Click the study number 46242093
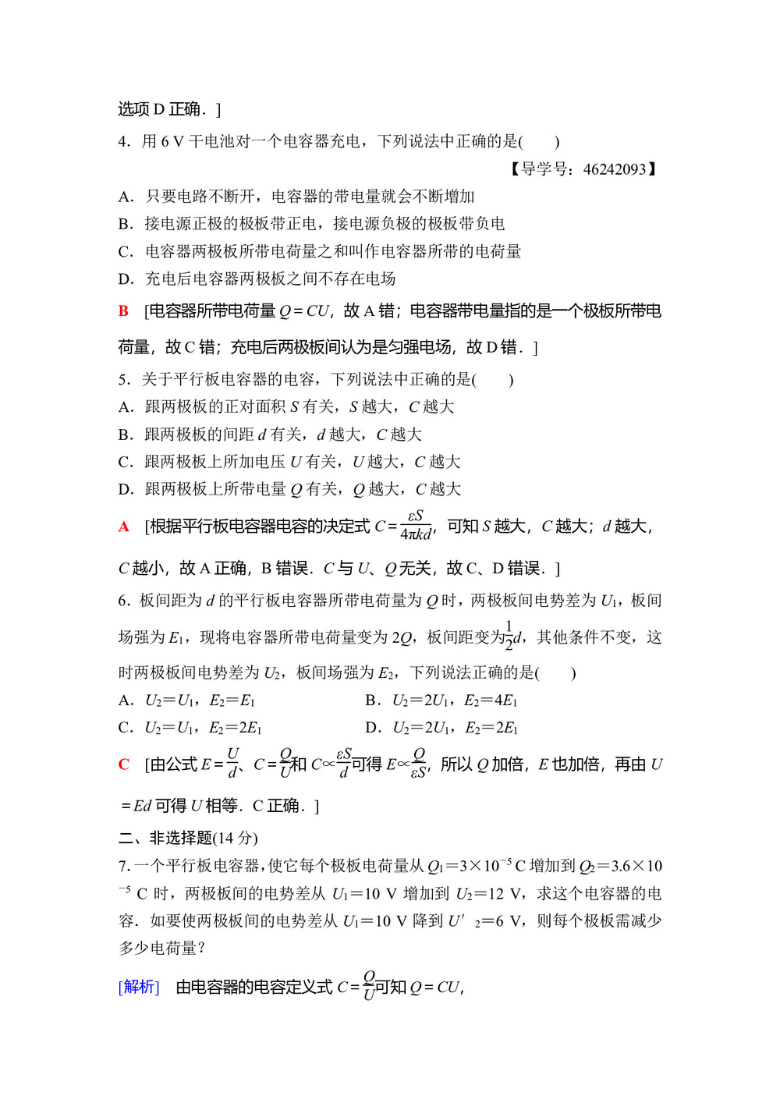[615, 169]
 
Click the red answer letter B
[123, 311]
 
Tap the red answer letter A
[123, 527]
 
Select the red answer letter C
[123, 764]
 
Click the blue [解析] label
[139, 987]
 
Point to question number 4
[123, 141]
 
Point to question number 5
[123, 380]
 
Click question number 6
[123, 601]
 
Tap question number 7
[123, 866]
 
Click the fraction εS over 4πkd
[416, 526]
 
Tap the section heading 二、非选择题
[188, 838]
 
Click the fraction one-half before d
[509, 636]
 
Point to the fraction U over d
[232, 763]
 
